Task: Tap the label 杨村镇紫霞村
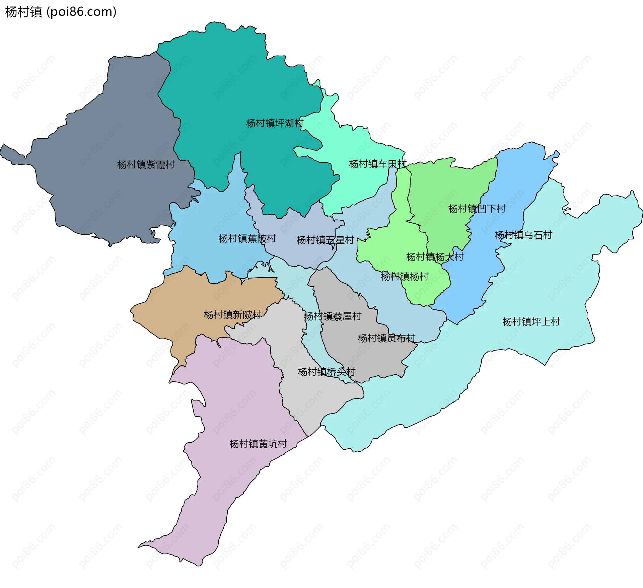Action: [146, 164]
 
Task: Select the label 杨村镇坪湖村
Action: [275, 123]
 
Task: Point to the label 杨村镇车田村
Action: [377, 164]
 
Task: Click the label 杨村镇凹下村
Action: [477, 209]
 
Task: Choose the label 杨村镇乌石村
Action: [523, 235]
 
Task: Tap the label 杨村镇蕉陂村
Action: [247, 238]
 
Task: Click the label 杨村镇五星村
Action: [325, 240]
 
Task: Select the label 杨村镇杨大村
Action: [435, 257]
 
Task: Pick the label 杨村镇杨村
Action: [405, 277]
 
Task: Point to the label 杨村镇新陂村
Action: [232, 315]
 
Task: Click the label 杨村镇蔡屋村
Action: [333, 316]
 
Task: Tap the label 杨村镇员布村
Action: [386, 338]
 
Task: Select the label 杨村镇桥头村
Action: [327, 372]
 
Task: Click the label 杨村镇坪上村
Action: [531, 322]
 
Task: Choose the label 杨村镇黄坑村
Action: [258, 444]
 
